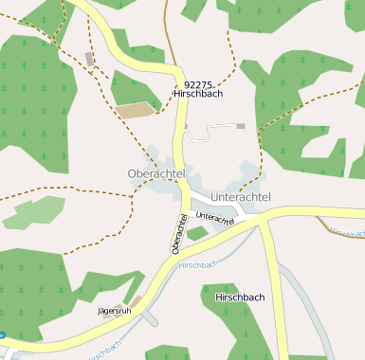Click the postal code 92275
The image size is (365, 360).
pyautogui.click(x=197, y=83)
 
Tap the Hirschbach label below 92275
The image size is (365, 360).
pyautogui.click(x=197, y=95)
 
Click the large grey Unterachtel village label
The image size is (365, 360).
pyautogui.click(x=241, y=196)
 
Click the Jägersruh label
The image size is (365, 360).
pyautogui.click(x=113, y=311)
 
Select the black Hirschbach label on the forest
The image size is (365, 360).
pyautogui.click(x=240, y=297)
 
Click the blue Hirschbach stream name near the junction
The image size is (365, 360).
pyautogui.click(x=198, y=264)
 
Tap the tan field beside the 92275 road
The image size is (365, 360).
pyautogui.click(x=137, y=110)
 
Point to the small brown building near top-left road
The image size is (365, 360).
pyautogui.click(x=90, y=59)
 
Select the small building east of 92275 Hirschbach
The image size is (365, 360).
pyautogui.click(x=241, y=125)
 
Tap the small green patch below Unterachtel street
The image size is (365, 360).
pyautogui.click(x=197, y=233)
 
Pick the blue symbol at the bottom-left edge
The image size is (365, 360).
pyautogui.click(x=3, y=333)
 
